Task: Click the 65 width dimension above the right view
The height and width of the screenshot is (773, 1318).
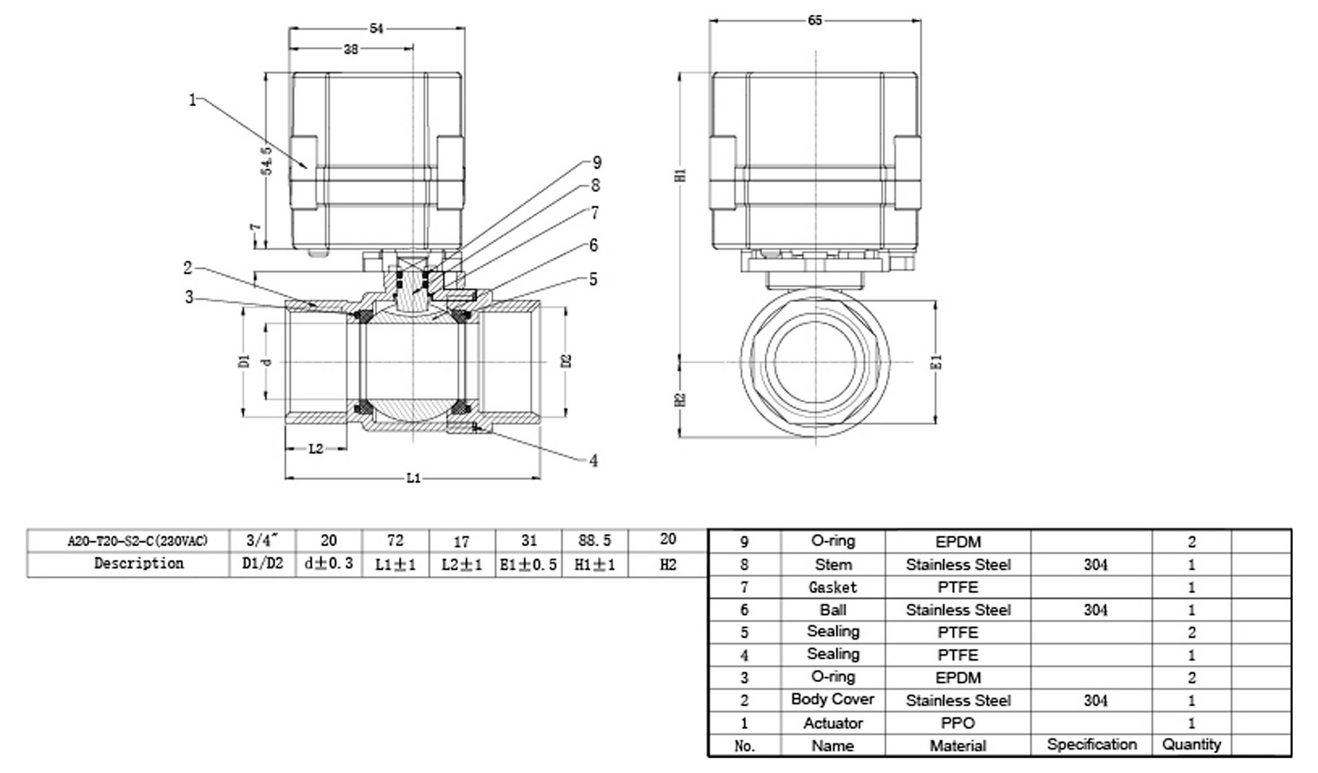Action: point(815,20)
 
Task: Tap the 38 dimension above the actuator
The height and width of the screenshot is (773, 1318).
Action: point(351,49)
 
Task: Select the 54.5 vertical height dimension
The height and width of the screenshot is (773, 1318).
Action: point(266,160)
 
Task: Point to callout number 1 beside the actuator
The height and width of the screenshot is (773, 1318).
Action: point(192,100)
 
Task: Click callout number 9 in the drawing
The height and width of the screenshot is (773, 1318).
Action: point(597,163)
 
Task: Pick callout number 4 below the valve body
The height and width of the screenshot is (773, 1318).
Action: point(594,461)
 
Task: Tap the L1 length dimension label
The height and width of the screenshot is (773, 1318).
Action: point(414,479)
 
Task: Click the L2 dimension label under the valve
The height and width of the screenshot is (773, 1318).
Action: point(316,449)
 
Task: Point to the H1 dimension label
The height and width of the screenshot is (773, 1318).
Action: point(681,175)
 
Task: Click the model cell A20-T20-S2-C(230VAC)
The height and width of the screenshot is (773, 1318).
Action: point(138,541)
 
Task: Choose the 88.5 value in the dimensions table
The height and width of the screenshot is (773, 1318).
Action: point(595,541)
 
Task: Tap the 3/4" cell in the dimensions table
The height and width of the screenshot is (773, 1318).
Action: point(263,541)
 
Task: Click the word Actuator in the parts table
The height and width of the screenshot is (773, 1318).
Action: point(833,723)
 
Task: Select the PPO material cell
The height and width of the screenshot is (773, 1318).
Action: point(958,723)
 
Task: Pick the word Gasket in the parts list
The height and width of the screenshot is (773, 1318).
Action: point(833,587)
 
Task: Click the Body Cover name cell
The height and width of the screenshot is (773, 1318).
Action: point(833,699)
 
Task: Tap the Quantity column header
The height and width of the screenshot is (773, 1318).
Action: point(1191,744)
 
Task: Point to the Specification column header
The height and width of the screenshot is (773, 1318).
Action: point(1092,744)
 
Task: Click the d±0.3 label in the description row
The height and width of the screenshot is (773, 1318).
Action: point(328,564)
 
